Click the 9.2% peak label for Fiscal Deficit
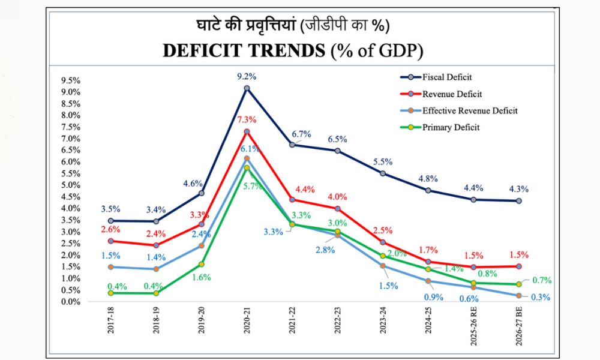247,76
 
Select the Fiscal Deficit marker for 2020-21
247,88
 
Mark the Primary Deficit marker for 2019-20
202,264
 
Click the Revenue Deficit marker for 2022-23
338,209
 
